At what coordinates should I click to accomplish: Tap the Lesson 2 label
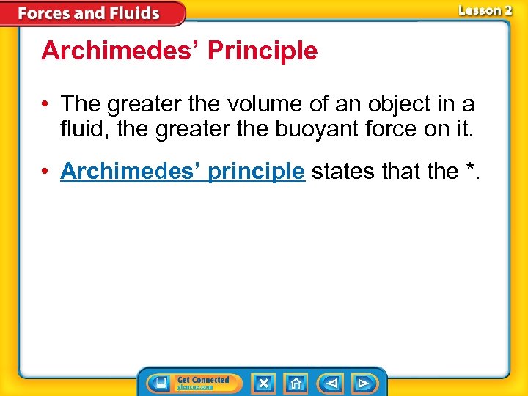tap(485, 10)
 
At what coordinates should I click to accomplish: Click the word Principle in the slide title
tap(263, 51)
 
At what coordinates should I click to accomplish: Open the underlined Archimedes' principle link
tap(182, 171)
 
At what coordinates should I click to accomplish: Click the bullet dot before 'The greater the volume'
tap(47, 103)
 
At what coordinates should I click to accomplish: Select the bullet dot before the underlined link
tap(47, 172)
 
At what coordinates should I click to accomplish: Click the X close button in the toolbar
tap(263, 383)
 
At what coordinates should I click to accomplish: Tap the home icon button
tap(296, 383)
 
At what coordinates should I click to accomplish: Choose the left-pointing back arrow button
tap(331, 383)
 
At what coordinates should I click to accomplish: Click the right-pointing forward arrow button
tap(362, 383)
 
